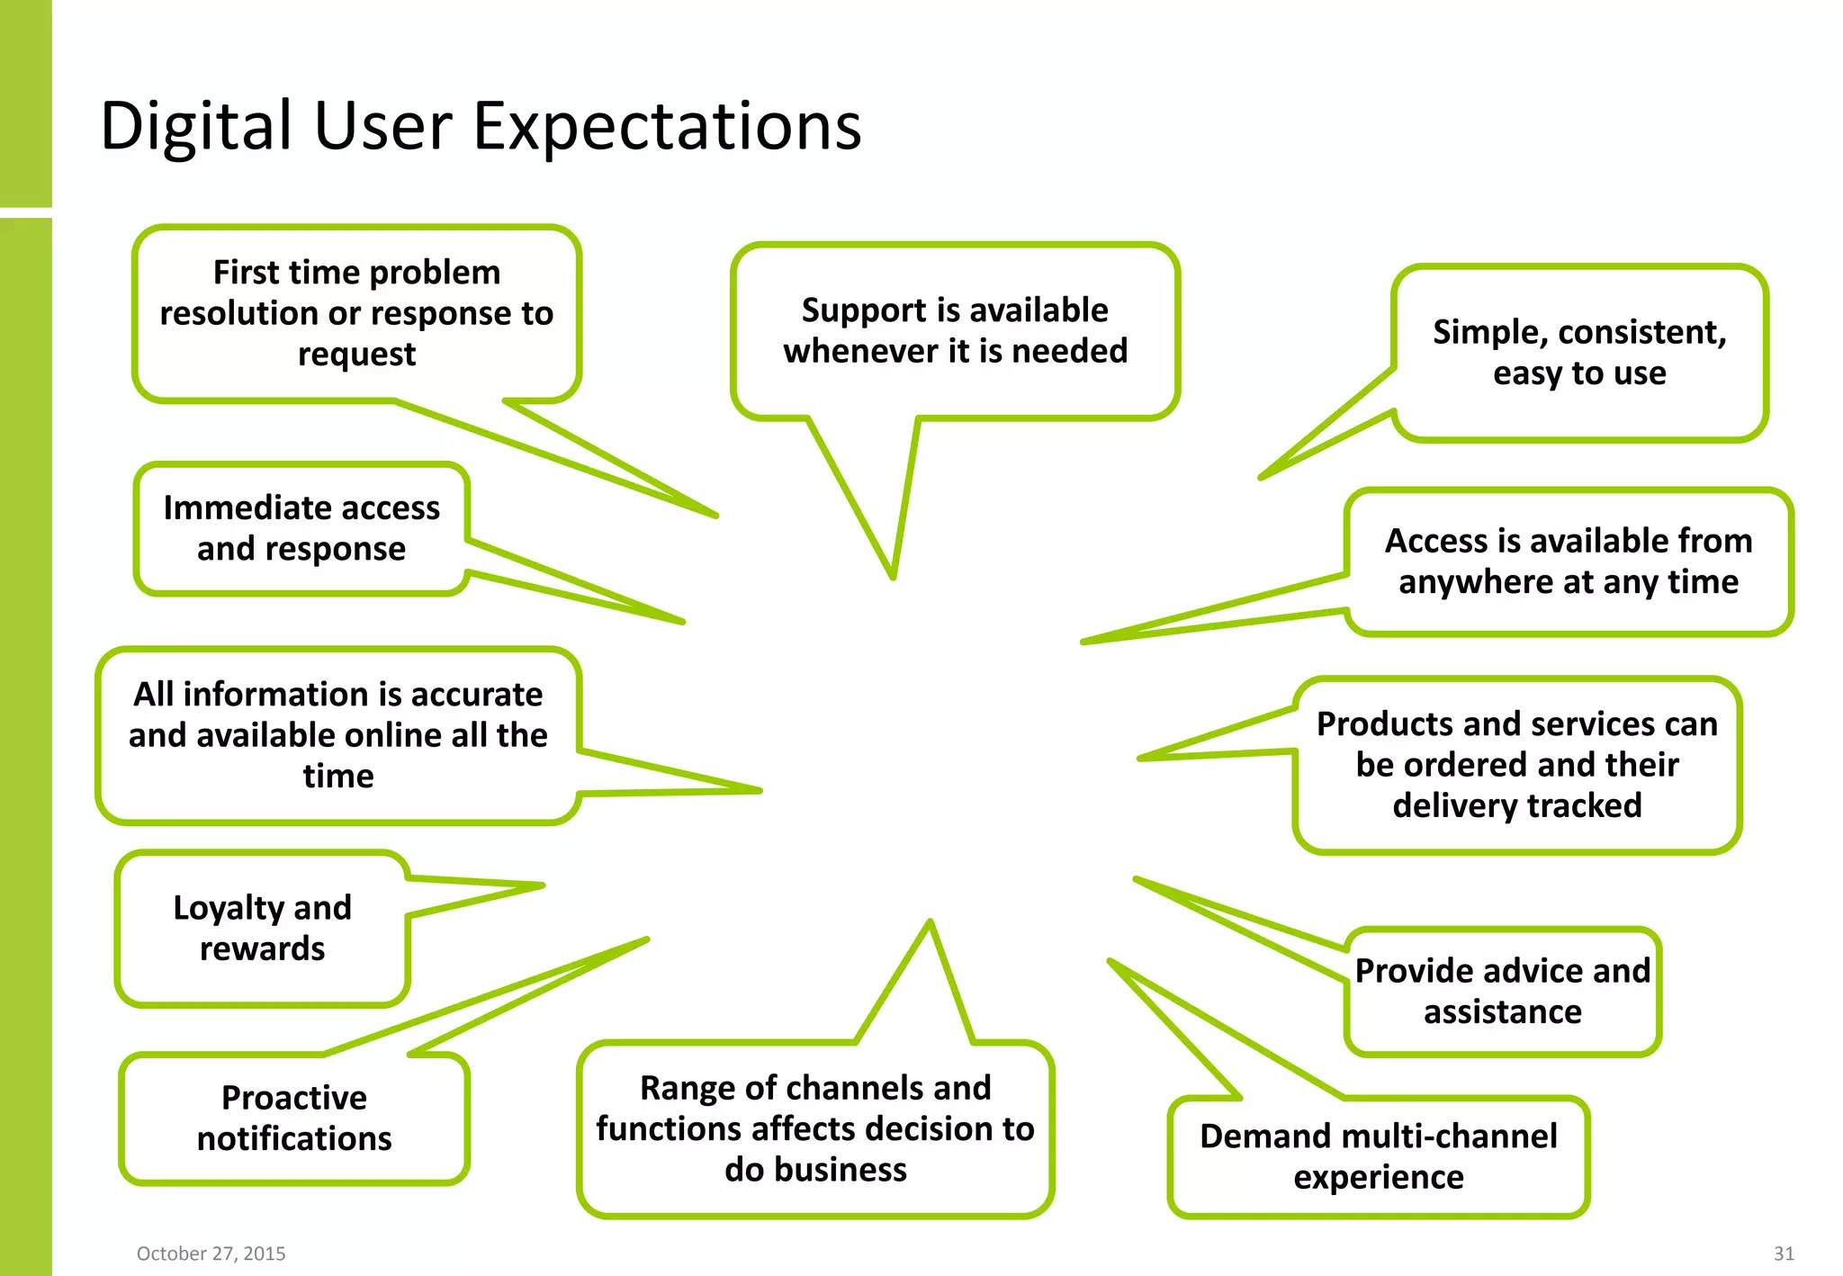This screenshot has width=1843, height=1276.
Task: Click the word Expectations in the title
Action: (x=667, y=126)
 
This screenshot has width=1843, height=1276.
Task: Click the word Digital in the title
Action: (x=196, y=126)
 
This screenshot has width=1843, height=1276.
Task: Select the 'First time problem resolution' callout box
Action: (x=356, y=312)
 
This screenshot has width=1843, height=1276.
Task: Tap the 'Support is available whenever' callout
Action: (x=955, y=330)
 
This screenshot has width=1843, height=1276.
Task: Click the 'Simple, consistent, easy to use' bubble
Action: (x=1579, y=352)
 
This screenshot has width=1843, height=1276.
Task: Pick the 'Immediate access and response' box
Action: (x=301, y=528)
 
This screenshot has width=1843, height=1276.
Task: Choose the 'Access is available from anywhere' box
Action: (x=1569, y=562)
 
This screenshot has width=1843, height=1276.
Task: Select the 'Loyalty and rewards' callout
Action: (x=262, y=928)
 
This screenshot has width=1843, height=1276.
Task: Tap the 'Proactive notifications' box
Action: (x=294, y=1118)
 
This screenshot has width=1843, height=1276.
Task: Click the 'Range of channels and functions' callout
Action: (x=815, y=1128)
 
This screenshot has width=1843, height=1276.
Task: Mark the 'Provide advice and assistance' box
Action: (x=1503, y=991)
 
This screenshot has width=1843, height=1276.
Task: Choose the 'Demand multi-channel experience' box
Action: (x=1379, y=1156)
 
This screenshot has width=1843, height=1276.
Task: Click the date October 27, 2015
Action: (x=211, y=1254)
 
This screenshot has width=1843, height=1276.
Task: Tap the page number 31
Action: (x=1784, y=1254)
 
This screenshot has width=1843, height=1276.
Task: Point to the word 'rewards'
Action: (x=262, y=948)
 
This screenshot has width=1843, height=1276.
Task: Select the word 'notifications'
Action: (x=294, y=1139)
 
